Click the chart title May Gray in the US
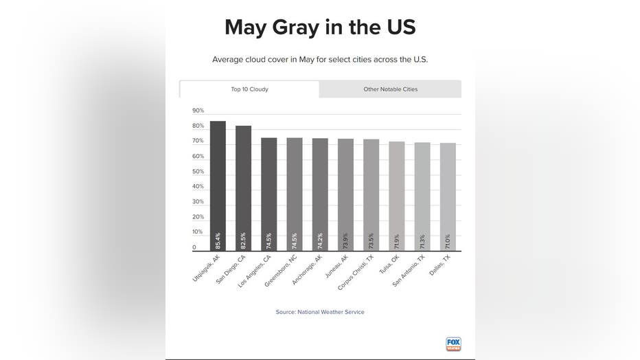(x=320, y=27)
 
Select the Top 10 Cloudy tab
(x=249, y=89)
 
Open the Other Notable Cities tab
(x=390, y=89)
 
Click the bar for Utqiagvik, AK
(x=218, y=185)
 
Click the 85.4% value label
(x=218, y=240)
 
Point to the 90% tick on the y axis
(x=198, y=111)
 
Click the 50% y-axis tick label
(x=198, y=172)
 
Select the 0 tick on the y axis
(x=194, y=247)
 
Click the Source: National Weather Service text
(x=320, y=312)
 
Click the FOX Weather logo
(x=453, y=344)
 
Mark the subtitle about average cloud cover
(x=320, y=60)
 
